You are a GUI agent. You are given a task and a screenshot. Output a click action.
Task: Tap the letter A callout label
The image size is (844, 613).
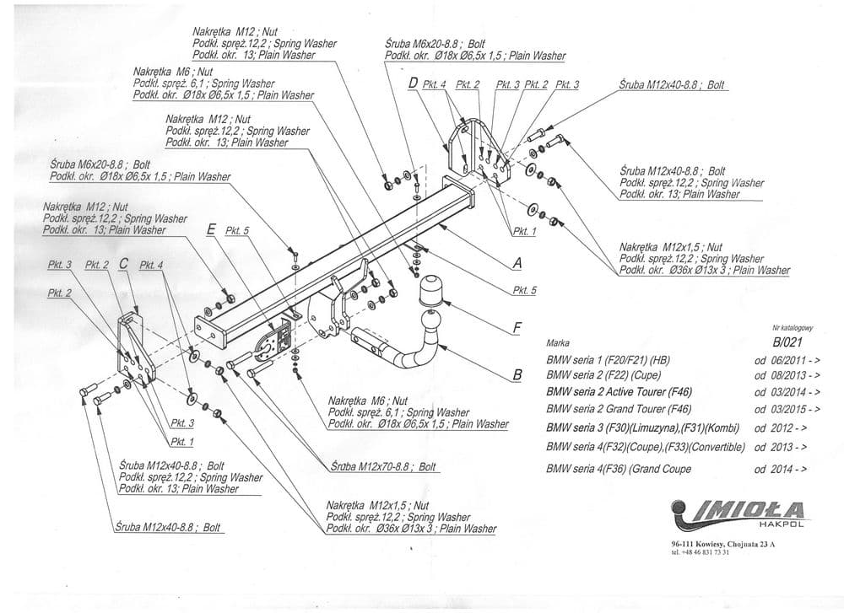coord(517,264)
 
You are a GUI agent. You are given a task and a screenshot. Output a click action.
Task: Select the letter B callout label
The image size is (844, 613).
coord(517,376)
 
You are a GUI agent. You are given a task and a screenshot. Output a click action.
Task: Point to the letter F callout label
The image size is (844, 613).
coord(517,326)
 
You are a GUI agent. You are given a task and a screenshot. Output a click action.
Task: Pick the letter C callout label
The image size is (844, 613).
coord(124,264)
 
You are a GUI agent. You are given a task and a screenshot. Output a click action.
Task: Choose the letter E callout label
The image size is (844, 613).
coord(210,229)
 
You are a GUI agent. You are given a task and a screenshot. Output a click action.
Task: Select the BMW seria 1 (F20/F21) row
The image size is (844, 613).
coord(609,359)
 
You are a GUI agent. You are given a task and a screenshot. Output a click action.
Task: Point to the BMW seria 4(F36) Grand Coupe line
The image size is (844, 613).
coord(619,469)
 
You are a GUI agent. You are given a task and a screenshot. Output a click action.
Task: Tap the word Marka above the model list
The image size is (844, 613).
coord(559,344)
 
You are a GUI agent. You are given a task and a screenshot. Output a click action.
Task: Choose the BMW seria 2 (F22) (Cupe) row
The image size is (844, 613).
coord(603,375)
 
